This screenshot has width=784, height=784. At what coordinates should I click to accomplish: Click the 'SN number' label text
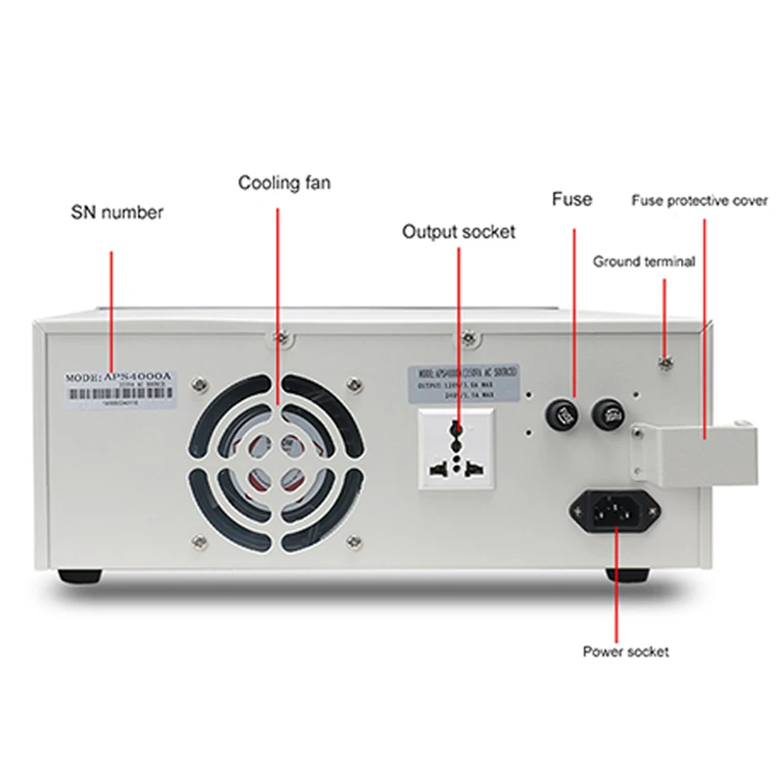tap(117, 213)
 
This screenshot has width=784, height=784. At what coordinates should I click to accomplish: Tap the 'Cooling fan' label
tap(284, 182)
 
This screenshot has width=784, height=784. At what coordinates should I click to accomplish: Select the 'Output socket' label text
tap(459, 232)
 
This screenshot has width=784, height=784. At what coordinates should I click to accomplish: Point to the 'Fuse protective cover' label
tap(699, 201)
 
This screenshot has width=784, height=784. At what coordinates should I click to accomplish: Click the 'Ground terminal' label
tap(644, 262)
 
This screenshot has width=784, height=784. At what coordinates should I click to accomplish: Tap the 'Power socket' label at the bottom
tap(626, 651)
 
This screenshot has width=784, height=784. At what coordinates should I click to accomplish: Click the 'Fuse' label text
tap(572, 200)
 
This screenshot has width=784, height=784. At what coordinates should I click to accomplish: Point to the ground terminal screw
tap(665, 365)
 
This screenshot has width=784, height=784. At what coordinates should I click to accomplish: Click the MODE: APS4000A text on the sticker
tap(121, 376)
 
